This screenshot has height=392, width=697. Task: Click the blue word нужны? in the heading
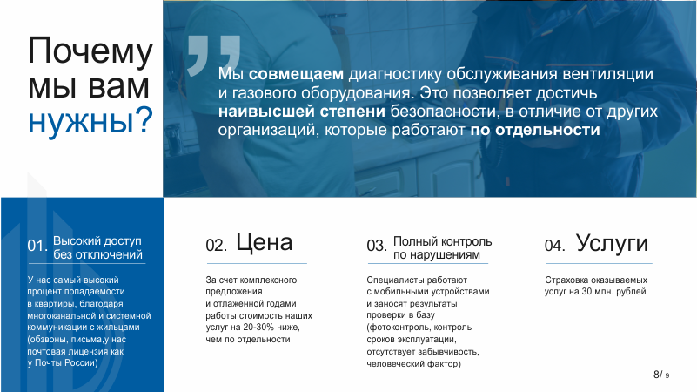tap(90, 120)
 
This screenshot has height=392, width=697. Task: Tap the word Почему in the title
tap(90, 51)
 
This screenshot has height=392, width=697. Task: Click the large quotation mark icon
tap(214, 56)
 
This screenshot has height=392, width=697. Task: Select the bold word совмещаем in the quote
tap(296, 74)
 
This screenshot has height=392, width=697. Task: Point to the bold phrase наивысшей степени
tap(302, 112)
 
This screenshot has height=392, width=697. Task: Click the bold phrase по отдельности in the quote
tap(535, 130)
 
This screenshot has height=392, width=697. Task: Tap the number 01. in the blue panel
tap(37, 246)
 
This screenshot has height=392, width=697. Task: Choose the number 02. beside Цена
tap(216, 246)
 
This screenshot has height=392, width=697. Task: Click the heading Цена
tap(264, 242)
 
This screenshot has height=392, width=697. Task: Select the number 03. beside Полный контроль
tap(377, 246)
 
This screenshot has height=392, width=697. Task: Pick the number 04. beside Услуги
tap(555, 246)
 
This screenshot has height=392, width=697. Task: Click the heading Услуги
tap(612, 243)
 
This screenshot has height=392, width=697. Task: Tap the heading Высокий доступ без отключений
tap(97, 248)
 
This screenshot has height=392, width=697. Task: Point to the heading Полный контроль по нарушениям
tap(443, 248)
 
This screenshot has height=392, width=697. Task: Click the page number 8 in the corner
tap(656, 375)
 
